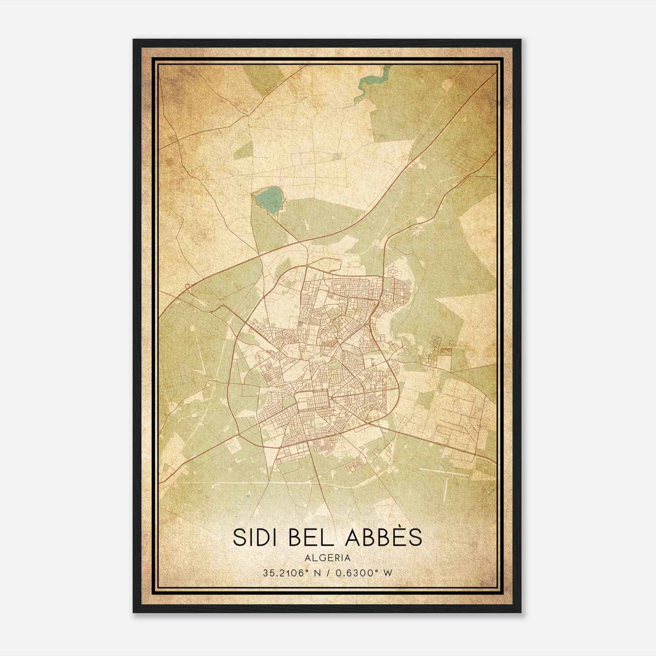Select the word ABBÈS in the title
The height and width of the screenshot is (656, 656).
click(x=383, y=537)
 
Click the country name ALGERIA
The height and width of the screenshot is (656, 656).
click(x=328, y=558)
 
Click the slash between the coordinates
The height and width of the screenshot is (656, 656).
click(x=328, y=573)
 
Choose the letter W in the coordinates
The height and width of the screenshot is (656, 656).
click(x=388, y=573)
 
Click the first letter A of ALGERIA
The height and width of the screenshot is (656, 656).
click(x=307, y=558)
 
